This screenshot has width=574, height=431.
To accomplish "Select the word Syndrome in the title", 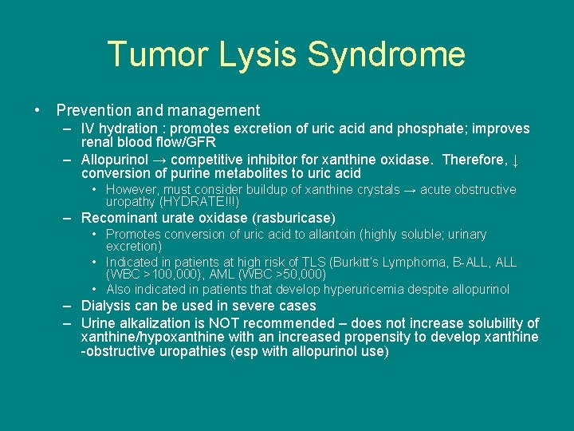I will point(386,55).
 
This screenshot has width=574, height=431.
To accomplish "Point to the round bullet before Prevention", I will point(37,111).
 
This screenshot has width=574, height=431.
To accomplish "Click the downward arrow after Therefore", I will point(516,160).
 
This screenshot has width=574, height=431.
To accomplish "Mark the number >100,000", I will point(163,275).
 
